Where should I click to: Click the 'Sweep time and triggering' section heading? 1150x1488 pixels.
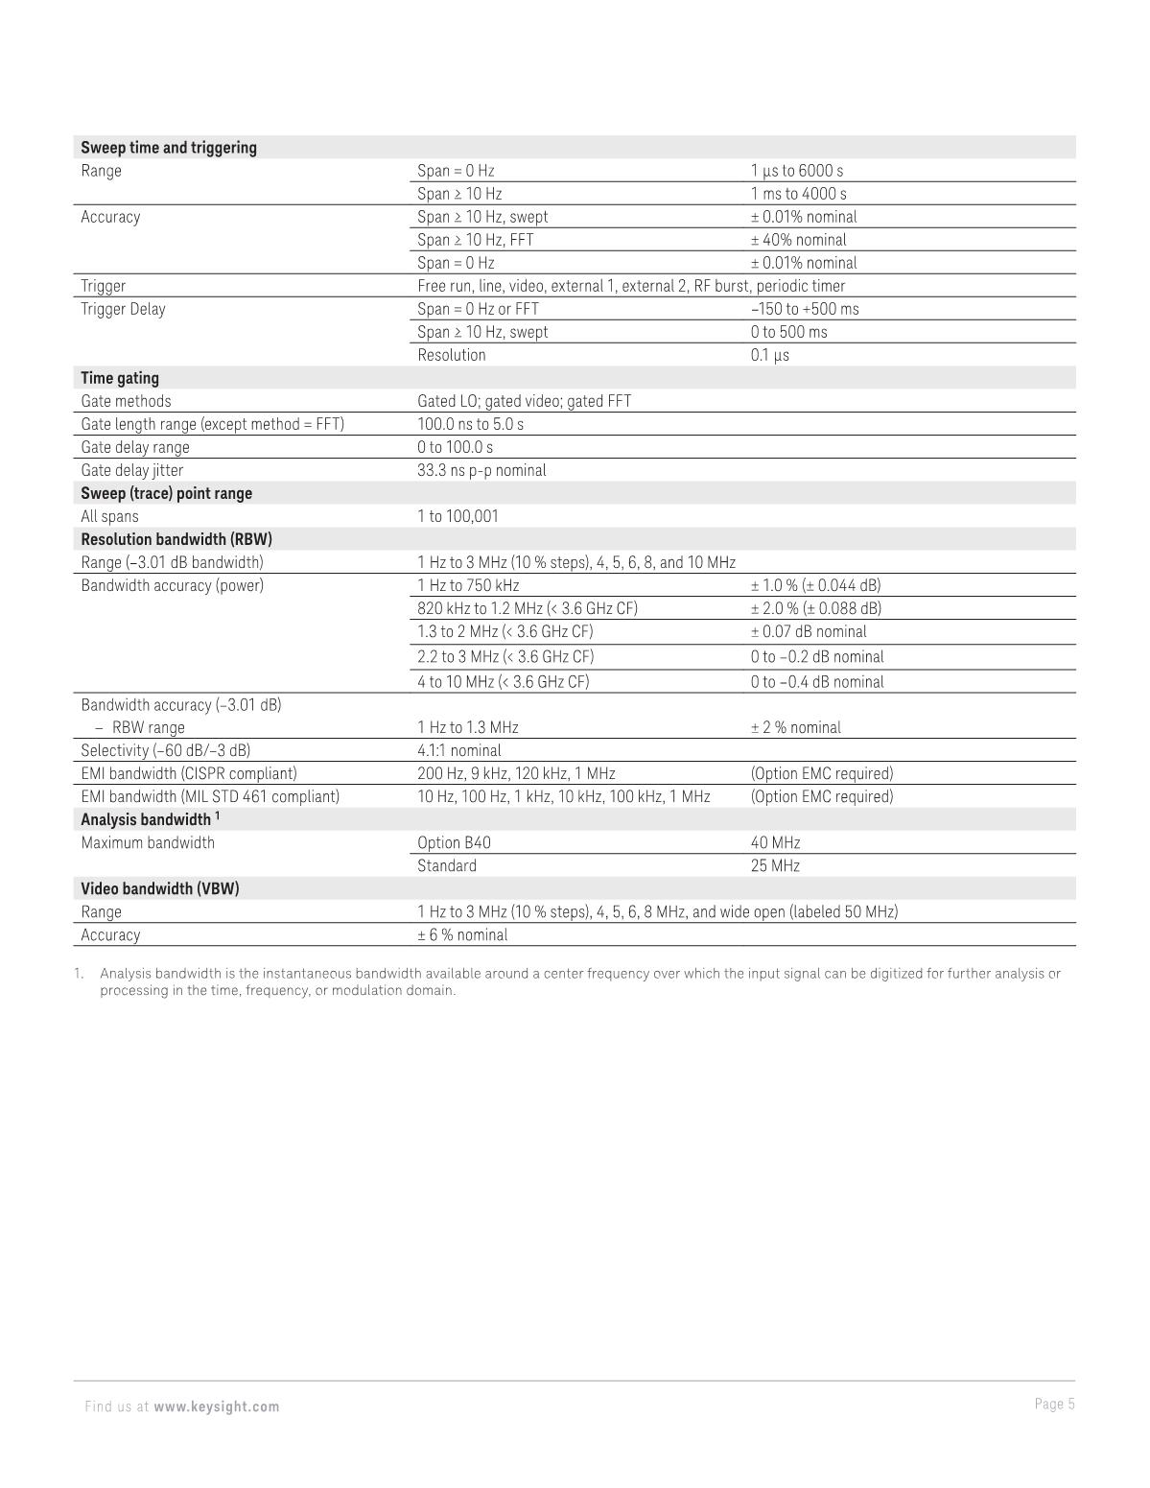(169, 148)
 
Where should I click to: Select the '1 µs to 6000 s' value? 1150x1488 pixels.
(797, 171)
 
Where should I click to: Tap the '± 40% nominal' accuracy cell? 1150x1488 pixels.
(798, 240)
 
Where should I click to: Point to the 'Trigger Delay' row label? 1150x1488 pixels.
(123, 309)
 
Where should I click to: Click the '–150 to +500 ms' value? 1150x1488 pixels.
(805, 309)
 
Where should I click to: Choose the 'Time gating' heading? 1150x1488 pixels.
(120, 378)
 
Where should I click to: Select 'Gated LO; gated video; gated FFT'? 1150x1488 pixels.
(524, 401)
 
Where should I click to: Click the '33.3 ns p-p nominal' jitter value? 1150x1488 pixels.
(481, 470)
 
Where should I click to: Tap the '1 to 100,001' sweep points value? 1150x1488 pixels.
(458, 516)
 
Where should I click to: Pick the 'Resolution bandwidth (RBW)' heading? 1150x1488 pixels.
(176, 539)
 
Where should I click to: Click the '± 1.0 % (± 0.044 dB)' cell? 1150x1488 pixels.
(815, 585)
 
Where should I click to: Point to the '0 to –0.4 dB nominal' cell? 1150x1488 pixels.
(817, 682)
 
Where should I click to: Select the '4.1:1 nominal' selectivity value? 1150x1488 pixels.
(458, 750)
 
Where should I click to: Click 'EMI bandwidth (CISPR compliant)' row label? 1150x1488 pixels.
(189, 773)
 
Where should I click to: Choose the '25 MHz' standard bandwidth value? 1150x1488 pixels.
(775, 865)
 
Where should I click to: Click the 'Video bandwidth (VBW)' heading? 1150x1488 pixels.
(160, 888)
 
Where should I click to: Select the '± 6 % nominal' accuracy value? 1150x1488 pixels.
(462, 934)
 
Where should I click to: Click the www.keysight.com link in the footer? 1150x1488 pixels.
(217, 1406)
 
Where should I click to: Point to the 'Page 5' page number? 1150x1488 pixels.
(1054, 1405)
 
